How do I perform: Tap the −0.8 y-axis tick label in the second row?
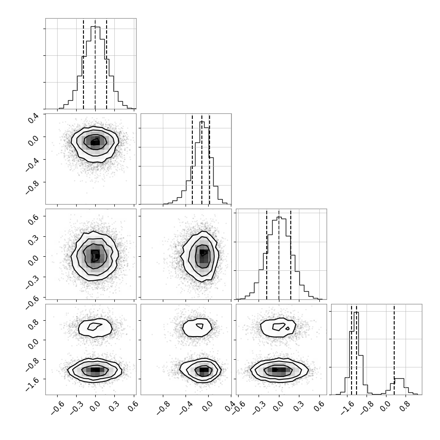[32, 186]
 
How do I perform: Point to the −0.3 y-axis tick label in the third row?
[32, 280]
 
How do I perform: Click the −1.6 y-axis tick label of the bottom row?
[32, 382]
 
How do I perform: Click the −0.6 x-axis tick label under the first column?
[58, 408]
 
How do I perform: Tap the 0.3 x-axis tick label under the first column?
[113, 406]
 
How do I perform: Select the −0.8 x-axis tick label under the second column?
[163, 408]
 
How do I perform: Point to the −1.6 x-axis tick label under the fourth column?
[347, 408]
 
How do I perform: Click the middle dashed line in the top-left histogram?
[95, 64]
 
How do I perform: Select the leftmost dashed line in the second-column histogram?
[192, 159]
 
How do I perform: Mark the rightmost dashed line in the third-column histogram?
[291, 254]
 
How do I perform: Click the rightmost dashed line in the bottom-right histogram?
[394, 350]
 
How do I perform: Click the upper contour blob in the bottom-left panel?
[95, 328]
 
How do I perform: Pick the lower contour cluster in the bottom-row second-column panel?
[200, 370]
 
